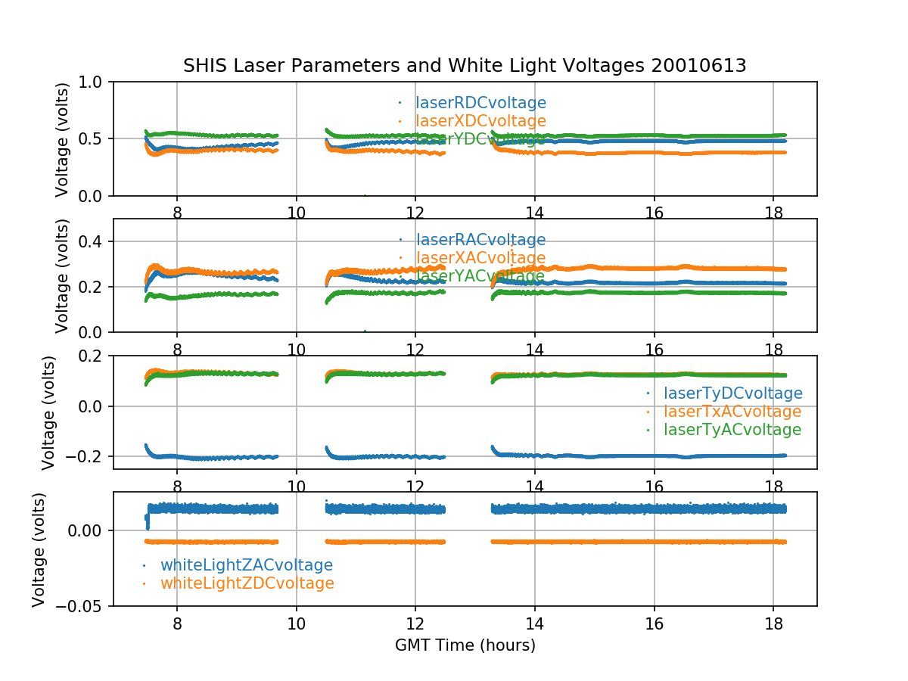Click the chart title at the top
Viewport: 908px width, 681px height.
click(465, 66)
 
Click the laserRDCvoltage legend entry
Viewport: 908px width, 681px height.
click(480, 103)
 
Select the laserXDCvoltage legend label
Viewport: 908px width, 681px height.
click(480, 121)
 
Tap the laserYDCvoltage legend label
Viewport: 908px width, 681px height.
click(480, 139)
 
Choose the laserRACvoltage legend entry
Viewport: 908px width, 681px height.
click(480, 240)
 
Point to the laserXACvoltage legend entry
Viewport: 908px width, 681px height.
click(480, 258)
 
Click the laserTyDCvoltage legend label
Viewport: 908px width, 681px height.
click(732, 393)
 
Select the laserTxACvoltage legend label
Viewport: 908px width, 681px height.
click(732, 412)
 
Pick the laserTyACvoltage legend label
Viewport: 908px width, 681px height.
click(732, 430)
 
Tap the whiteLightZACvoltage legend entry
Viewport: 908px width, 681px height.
click(246, 565)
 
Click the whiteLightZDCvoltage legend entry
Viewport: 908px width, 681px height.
click(247, 583)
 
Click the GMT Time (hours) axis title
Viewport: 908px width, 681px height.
click(465, 645)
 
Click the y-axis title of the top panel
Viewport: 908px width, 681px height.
click(63, 139)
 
